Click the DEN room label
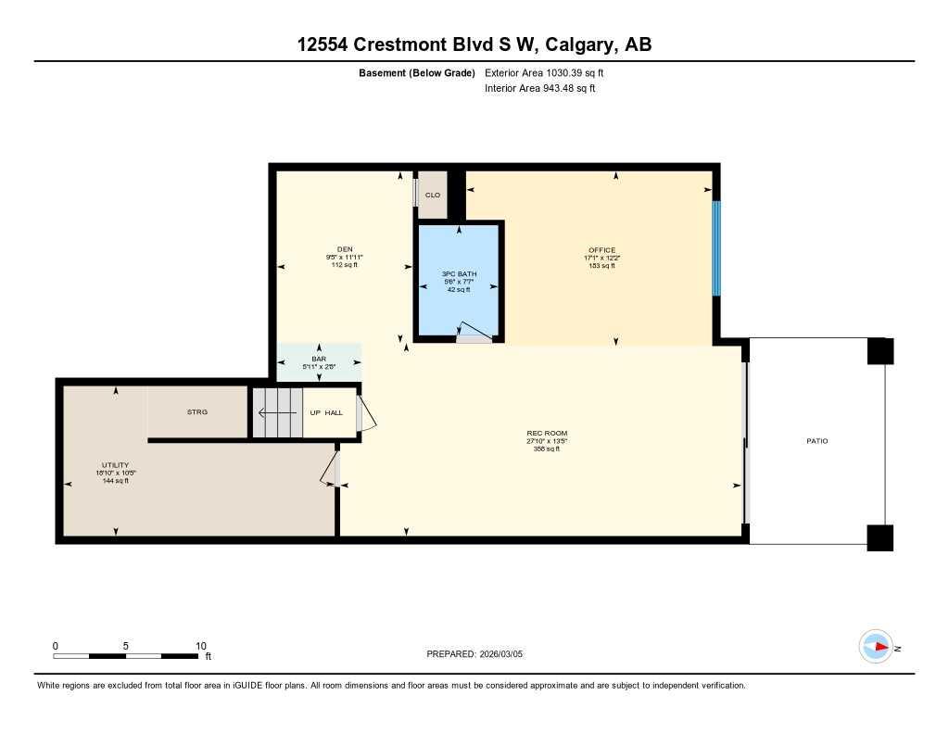pyautogui.click(x=345, y=248)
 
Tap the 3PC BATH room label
pyautogui.click(x=458, y=273)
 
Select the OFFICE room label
pyautogui.click(x=601, y=249)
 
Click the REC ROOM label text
pyautogui.click(x=547, y=434)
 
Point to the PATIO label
pyautogui.click(x=816, y=441)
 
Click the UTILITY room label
pyautogui.click(x=115, y=465)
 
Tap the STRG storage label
pyautogui.click(x=197, y=411)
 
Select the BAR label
pyautogui.click(x=319, y=359)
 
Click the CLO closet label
pyautogui.click(x=432, y=196)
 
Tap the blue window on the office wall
pyautogui.click(x=715, y=248)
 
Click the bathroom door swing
pyautogui.click(x=475, y=333)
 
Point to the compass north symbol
pyautogui.click(x=876, y=647)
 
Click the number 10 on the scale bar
pyautogui.click(x=200, y=646)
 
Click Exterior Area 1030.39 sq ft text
pyautogui.click(x=545, y=72)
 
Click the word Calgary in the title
pyautogui.click(x=583, y=44)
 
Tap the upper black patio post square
pyautogui.click(x=880, y=351)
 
